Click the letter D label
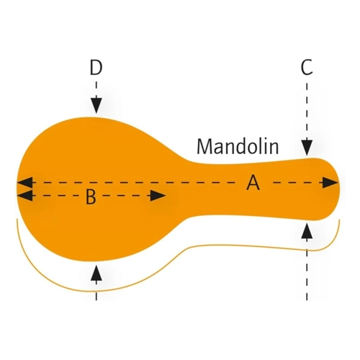(96, 67)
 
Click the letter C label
(307, 67)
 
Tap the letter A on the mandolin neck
(253, 183)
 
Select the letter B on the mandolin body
(91, 197)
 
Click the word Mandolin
(238, 146)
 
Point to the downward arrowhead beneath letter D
(96, 105)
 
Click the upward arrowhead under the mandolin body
(96, 273)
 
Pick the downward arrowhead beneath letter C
(307, 147)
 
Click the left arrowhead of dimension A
(24, 183)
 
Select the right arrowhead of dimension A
(330, 183)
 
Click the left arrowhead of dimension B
(24, 196)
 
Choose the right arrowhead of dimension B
(158, 196)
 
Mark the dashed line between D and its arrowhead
(96, 89)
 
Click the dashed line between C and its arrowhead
(307, 111)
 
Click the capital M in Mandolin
(203, 146)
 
